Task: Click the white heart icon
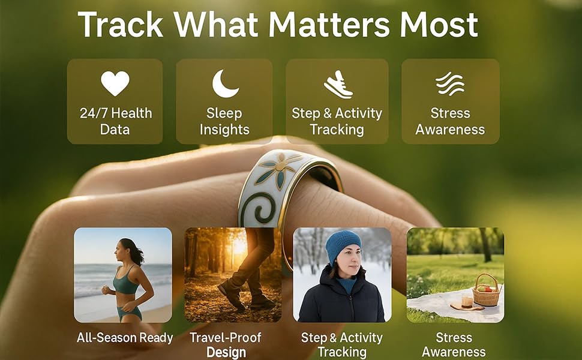tap(115, 83)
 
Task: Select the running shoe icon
tap(337, 85)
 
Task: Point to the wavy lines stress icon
tap(450, 84)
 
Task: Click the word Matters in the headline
tap(329, 25)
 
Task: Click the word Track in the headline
tap(120, 25)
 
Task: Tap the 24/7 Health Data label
tap(115, 121)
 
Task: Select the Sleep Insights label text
tap(224, 121)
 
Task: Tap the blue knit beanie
tap(343, 245)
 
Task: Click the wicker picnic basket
tap(486, 290)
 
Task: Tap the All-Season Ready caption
tap(125, 338)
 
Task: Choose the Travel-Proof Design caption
tap(226, 345)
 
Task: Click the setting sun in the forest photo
tap(239, 245)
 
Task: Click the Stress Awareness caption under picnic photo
tap(454, 345)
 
